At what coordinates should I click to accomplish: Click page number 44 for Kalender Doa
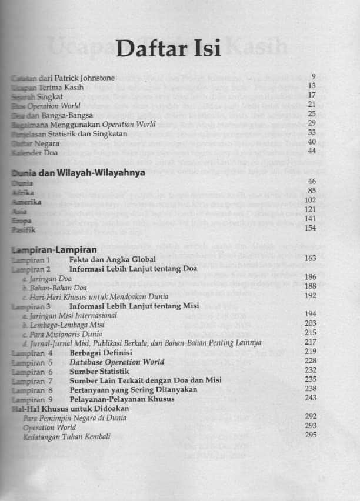(312, 151)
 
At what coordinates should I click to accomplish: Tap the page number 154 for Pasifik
(310, 228)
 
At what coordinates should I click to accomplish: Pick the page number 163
(310, 258)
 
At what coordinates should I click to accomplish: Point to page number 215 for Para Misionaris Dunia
(310, 333)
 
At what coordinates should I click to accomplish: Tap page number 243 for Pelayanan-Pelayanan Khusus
(310, 398)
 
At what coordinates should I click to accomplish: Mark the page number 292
(310, 416)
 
